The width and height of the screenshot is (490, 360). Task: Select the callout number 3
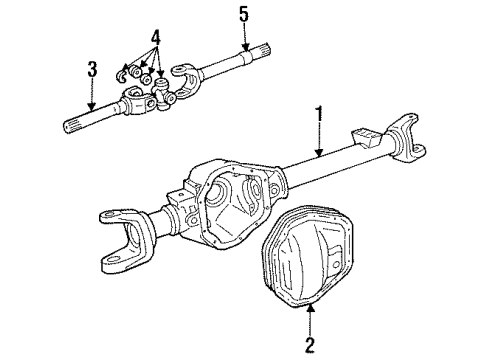pos(92,70)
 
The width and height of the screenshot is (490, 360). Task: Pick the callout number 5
pos(243,13)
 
